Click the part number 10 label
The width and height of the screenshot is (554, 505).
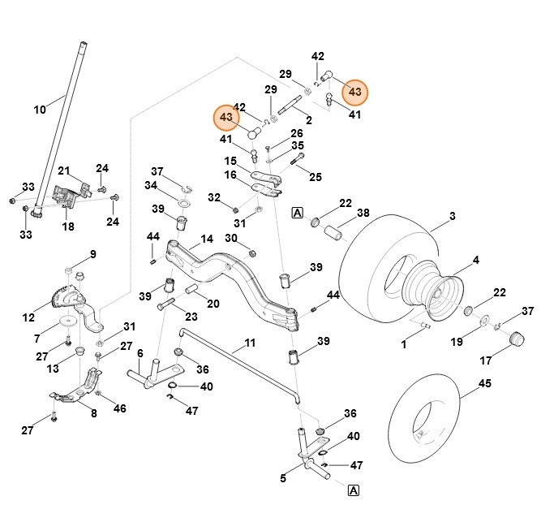point(40,110)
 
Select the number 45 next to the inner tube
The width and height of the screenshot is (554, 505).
point(484,384)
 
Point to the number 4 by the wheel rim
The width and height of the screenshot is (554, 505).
point(476,260)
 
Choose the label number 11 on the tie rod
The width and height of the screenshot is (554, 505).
point(249,343)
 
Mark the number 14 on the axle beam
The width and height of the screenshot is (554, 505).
point(207,240)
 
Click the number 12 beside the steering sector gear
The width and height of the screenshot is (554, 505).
point(29,317)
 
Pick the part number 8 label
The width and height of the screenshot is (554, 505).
point(93,414)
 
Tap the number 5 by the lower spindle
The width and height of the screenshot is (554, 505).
point(283,478)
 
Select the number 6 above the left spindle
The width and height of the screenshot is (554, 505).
point(140,354)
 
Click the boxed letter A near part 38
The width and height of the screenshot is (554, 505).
point(297,213)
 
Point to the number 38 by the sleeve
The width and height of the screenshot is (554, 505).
point(363,213)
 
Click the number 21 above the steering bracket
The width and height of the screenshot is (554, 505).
point(63,170)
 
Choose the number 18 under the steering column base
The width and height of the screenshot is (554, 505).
point(68,227)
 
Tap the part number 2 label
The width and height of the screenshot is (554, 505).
point(309,120)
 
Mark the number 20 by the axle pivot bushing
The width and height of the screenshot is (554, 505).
point(213,304)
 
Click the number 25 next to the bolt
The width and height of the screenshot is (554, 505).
point(316,176)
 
